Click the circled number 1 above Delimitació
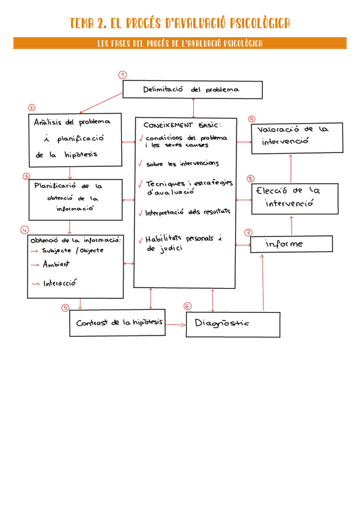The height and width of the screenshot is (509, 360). (122, 75)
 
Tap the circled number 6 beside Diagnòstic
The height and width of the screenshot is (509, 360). (187, 306)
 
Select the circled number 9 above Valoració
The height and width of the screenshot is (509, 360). (251, 119)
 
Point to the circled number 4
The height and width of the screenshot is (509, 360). (25, 230)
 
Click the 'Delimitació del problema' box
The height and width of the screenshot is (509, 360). (193, 90)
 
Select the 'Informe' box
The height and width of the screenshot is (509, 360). (291, 244)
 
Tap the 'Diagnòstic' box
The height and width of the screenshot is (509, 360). (233, 324)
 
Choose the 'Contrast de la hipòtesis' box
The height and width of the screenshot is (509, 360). (119, 323)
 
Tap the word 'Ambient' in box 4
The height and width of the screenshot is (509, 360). (56, 264)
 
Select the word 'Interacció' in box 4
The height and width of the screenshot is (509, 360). (59, 283)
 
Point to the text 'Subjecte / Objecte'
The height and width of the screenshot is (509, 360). (73, 250)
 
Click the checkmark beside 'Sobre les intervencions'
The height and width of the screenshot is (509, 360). (140, 163)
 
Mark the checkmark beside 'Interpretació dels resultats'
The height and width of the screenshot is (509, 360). (140, 212)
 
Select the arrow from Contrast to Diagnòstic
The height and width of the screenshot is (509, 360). (174, 324)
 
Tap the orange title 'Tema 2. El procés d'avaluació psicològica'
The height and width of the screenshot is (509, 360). (180, 23)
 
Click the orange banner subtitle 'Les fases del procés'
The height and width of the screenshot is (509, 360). (180, 43)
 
